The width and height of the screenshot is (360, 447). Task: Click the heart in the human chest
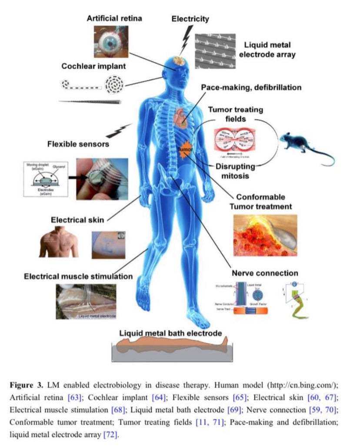pos(181,117)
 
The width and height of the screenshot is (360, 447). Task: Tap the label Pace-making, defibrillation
pos(251,87)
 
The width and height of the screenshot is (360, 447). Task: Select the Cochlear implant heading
pos(94,67)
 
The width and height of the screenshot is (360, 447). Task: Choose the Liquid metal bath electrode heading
pos(171,333)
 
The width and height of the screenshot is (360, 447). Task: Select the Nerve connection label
pos(265,273)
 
